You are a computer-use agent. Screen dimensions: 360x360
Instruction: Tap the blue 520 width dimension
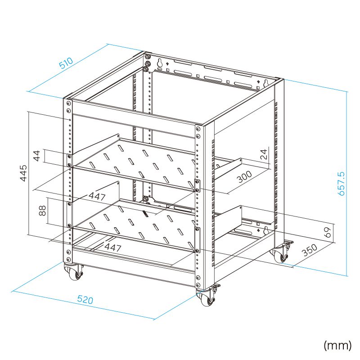point(85,300)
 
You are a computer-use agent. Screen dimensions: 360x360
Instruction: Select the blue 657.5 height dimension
point(342,184)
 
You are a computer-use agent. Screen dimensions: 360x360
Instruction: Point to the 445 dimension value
point(23,173)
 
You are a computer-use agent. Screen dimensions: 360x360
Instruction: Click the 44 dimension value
point(37,156)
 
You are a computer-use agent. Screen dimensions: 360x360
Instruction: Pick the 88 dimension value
point(42,211)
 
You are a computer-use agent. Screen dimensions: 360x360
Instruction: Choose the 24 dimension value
point(264,154)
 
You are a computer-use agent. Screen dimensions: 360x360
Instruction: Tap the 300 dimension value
point(244,176)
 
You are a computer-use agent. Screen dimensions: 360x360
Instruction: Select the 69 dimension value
point(328,232)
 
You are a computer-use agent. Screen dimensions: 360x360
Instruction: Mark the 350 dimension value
point(310,250)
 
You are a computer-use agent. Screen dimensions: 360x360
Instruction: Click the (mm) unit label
point(337,345)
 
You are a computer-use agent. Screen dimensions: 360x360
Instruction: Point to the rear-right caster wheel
point(280,255)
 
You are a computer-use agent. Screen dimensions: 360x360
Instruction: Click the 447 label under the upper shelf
point(97,197)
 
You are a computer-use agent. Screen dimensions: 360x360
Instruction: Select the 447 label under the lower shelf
point(113,247)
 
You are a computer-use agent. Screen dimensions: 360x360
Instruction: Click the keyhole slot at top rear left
point(160,63)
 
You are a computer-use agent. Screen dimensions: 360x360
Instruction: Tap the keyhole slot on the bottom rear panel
point(266,230)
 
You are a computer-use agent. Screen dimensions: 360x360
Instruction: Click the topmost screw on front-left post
point(68,103)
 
